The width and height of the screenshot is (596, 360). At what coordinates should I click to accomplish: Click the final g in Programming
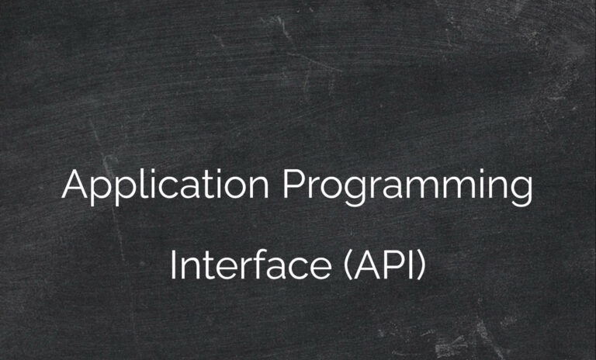[x=522, y=192]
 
